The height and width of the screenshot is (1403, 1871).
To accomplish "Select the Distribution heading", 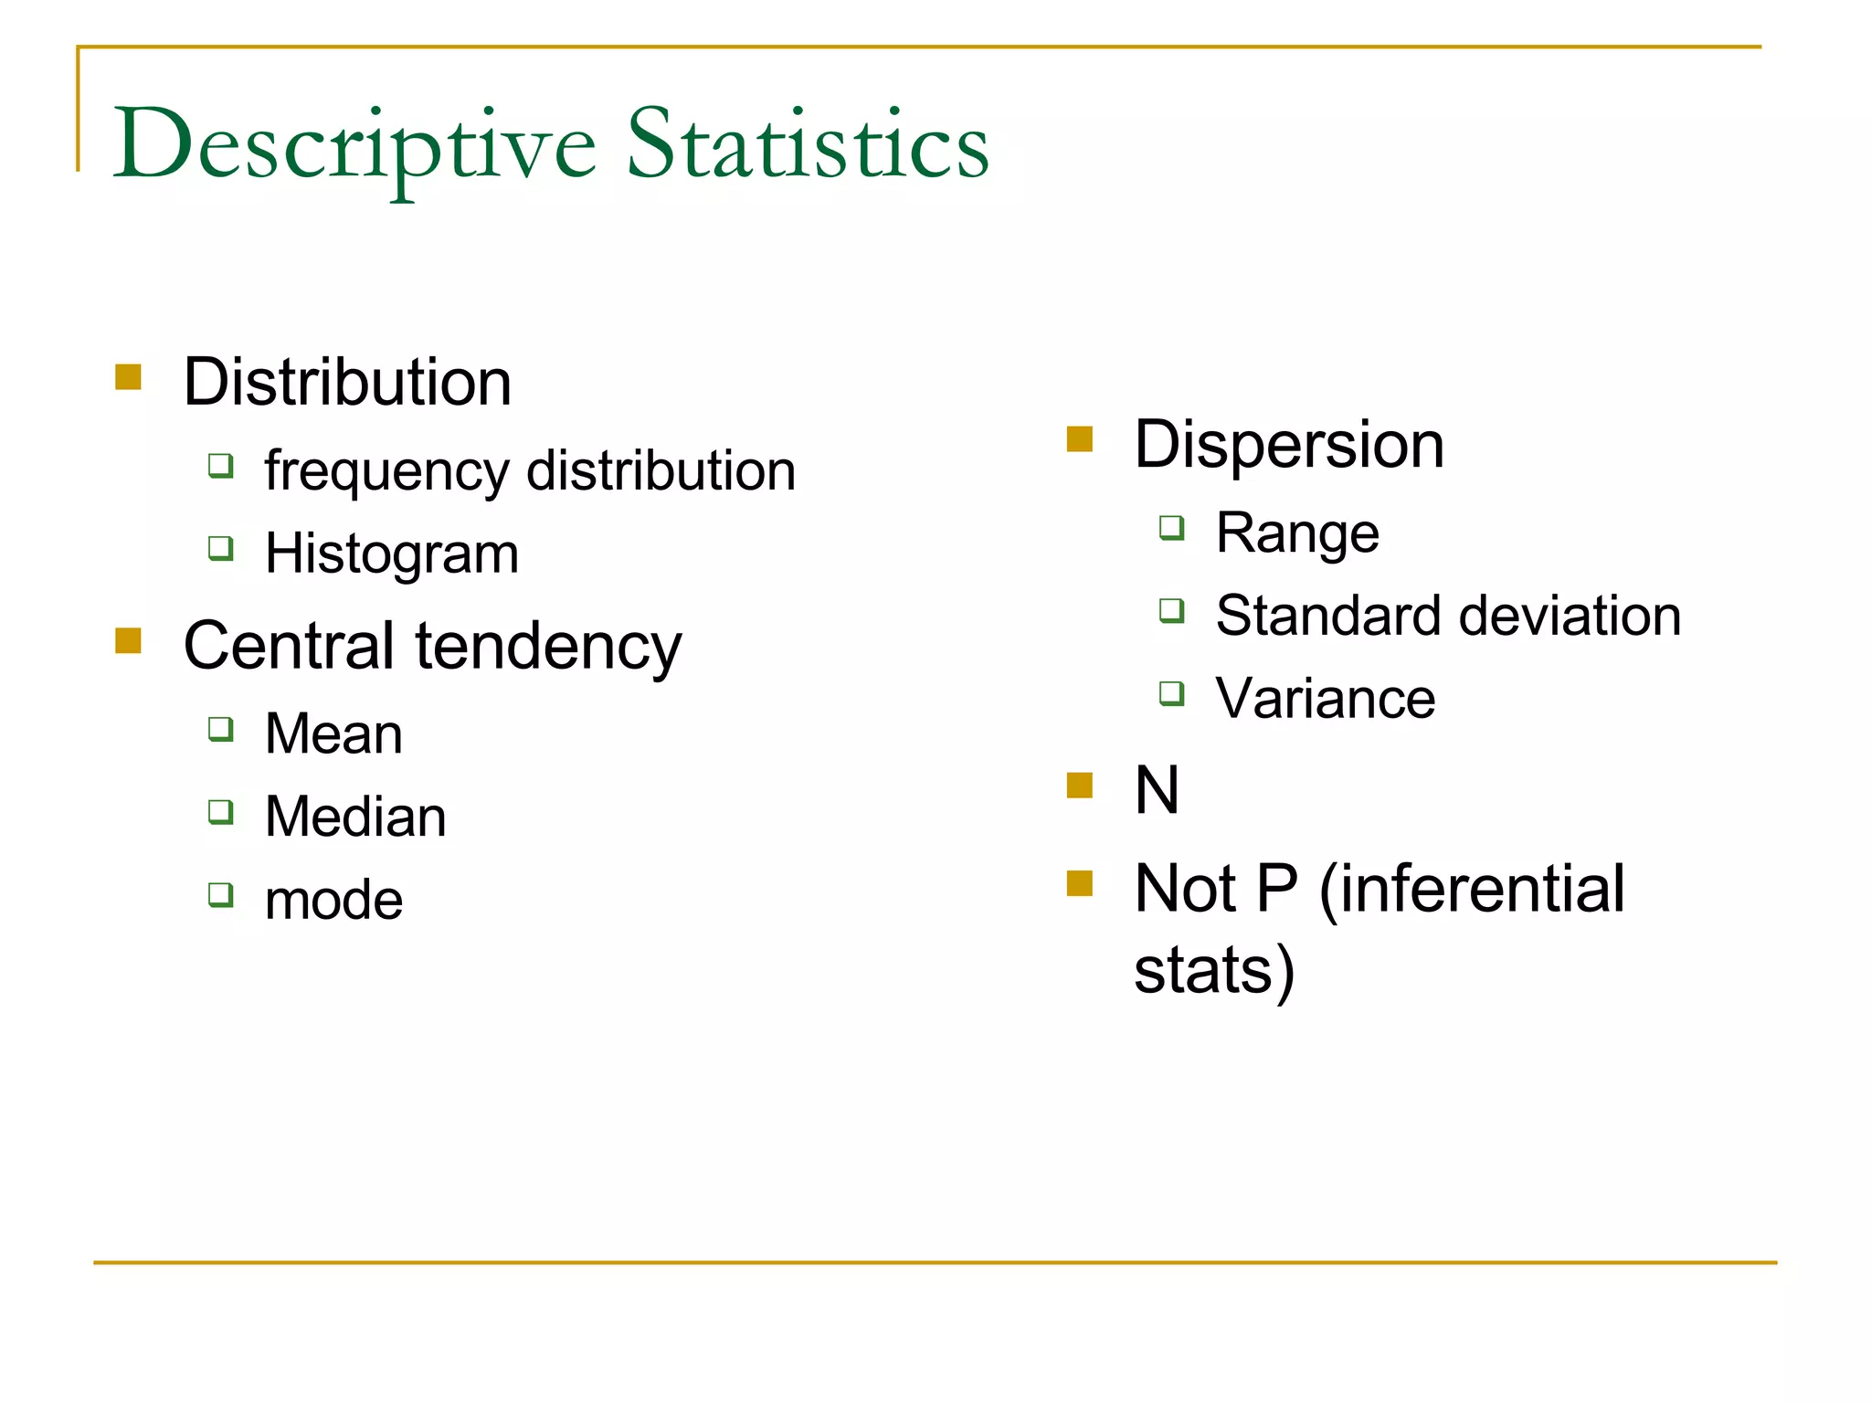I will coord(347,382).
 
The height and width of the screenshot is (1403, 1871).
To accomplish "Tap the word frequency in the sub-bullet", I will coord(387,472).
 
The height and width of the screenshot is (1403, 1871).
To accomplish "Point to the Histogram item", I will coord(392,554).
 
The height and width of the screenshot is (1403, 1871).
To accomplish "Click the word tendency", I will coord(548,646).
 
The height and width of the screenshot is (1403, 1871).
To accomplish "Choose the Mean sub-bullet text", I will coord(333,733).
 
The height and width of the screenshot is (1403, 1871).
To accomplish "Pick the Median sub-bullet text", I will coord(355,817).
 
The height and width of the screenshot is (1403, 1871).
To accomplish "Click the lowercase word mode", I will coord(333,900).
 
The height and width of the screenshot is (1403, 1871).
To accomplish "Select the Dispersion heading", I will coord(1288,445).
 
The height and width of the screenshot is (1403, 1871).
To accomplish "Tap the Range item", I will coord(1297,533).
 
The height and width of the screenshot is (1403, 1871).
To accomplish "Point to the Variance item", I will coord(1325,699).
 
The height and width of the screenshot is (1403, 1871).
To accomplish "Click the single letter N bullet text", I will coord(1157,790).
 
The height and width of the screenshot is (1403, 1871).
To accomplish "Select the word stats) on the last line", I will coord(1214,970).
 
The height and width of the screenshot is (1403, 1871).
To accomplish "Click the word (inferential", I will coord(1472,888).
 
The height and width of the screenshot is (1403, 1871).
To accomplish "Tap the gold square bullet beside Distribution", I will coord(129,376).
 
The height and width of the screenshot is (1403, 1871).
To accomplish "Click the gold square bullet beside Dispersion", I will coord(1080,439).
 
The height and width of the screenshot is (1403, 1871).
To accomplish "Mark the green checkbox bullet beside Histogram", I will coord(221,548).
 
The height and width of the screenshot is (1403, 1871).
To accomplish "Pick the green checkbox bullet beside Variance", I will coord(1172,693).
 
